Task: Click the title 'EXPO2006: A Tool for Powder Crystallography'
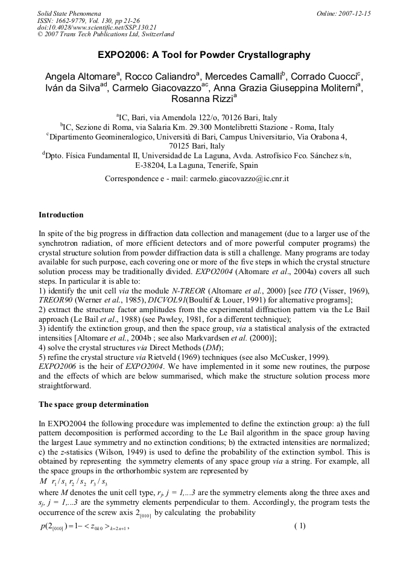pyautogui.click(x=204, y=55)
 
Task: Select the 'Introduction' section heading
pyautogui.click(x=61, y=214)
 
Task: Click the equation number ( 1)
pyautogui.click(x=300, y=525)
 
